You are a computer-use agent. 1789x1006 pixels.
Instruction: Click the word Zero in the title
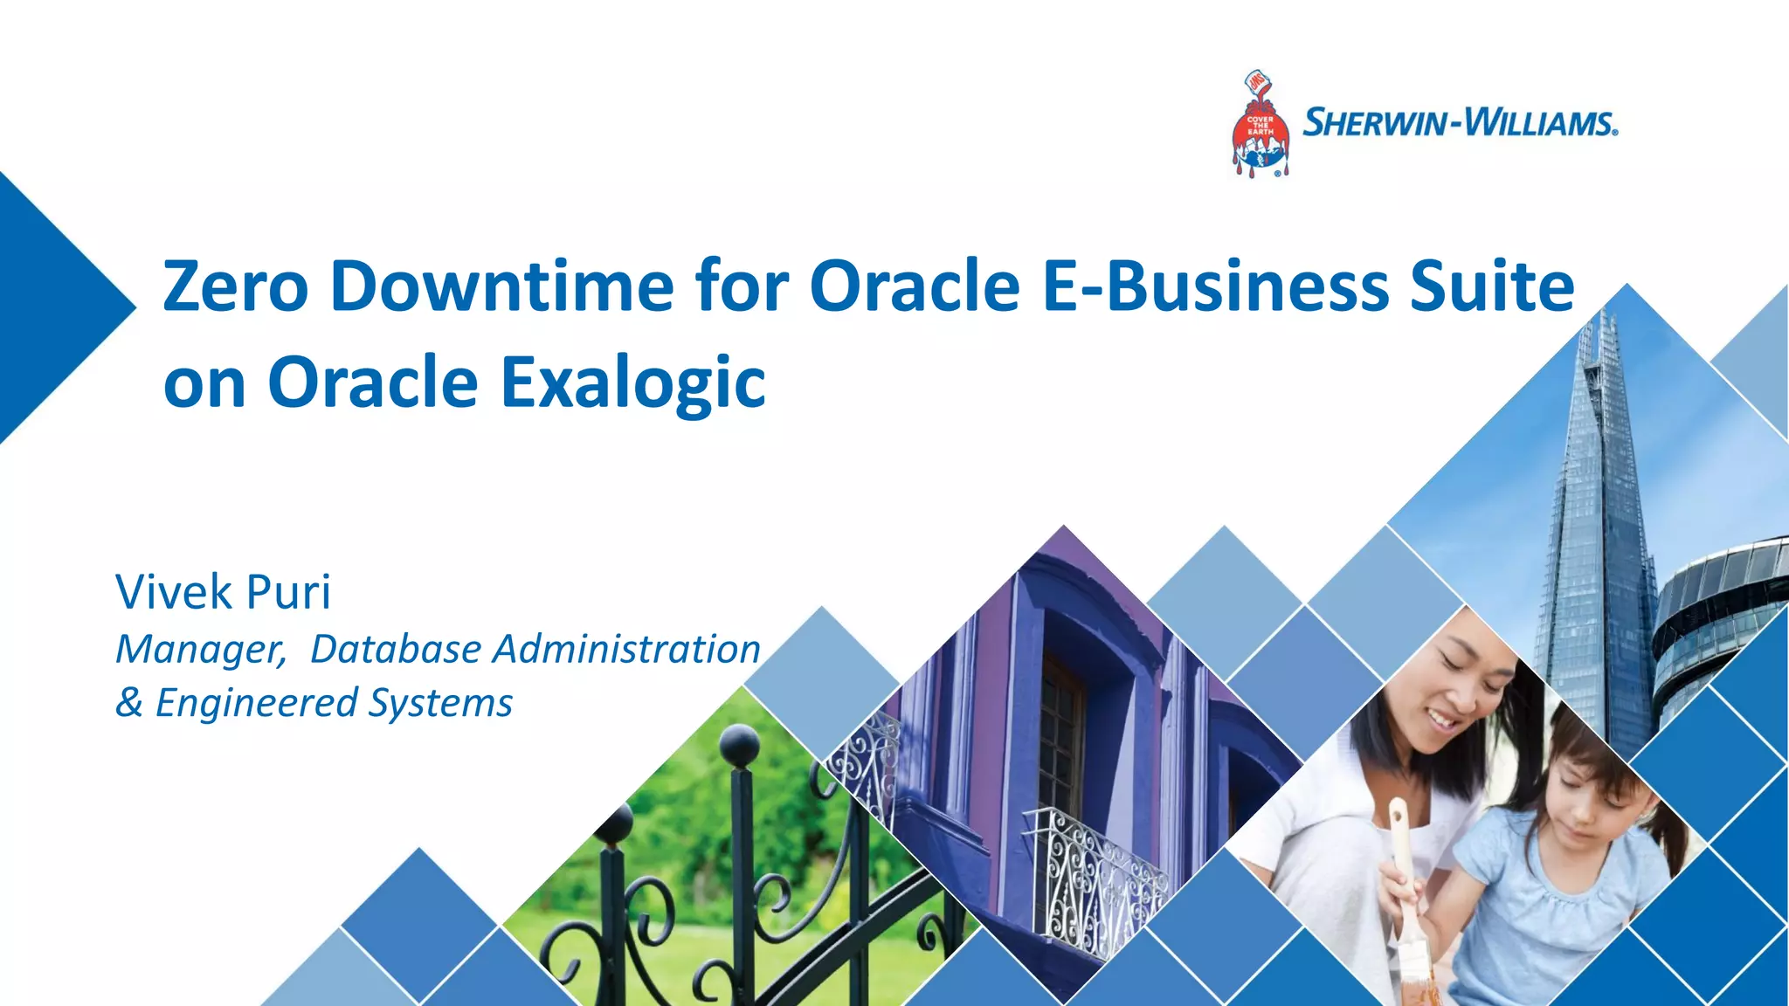click(x=235, y=286)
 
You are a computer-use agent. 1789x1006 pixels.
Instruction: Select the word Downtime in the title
click(x=502, y=286)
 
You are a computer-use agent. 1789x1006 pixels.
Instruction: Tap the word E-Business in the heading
click(x=1215, y=286)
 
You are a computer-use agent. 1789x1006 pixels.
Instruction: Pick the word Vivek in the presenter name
click(x=174, y=592)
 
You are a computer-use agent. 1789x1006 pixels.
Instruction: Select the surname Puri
click(x=289, y=592)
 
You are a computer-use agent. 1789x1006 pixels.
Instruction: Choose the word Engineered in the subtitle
click(x=257, y=703)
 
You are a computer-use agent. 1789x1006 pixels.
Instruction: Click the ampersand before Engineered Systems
click(x=128, y=703)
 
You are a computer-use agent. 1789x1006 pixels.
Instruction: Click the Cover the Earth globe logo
click(x=1259, y=127)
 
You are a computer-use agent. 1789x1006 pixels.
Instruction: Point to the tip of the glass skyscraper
click(x=1601, y=319)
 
